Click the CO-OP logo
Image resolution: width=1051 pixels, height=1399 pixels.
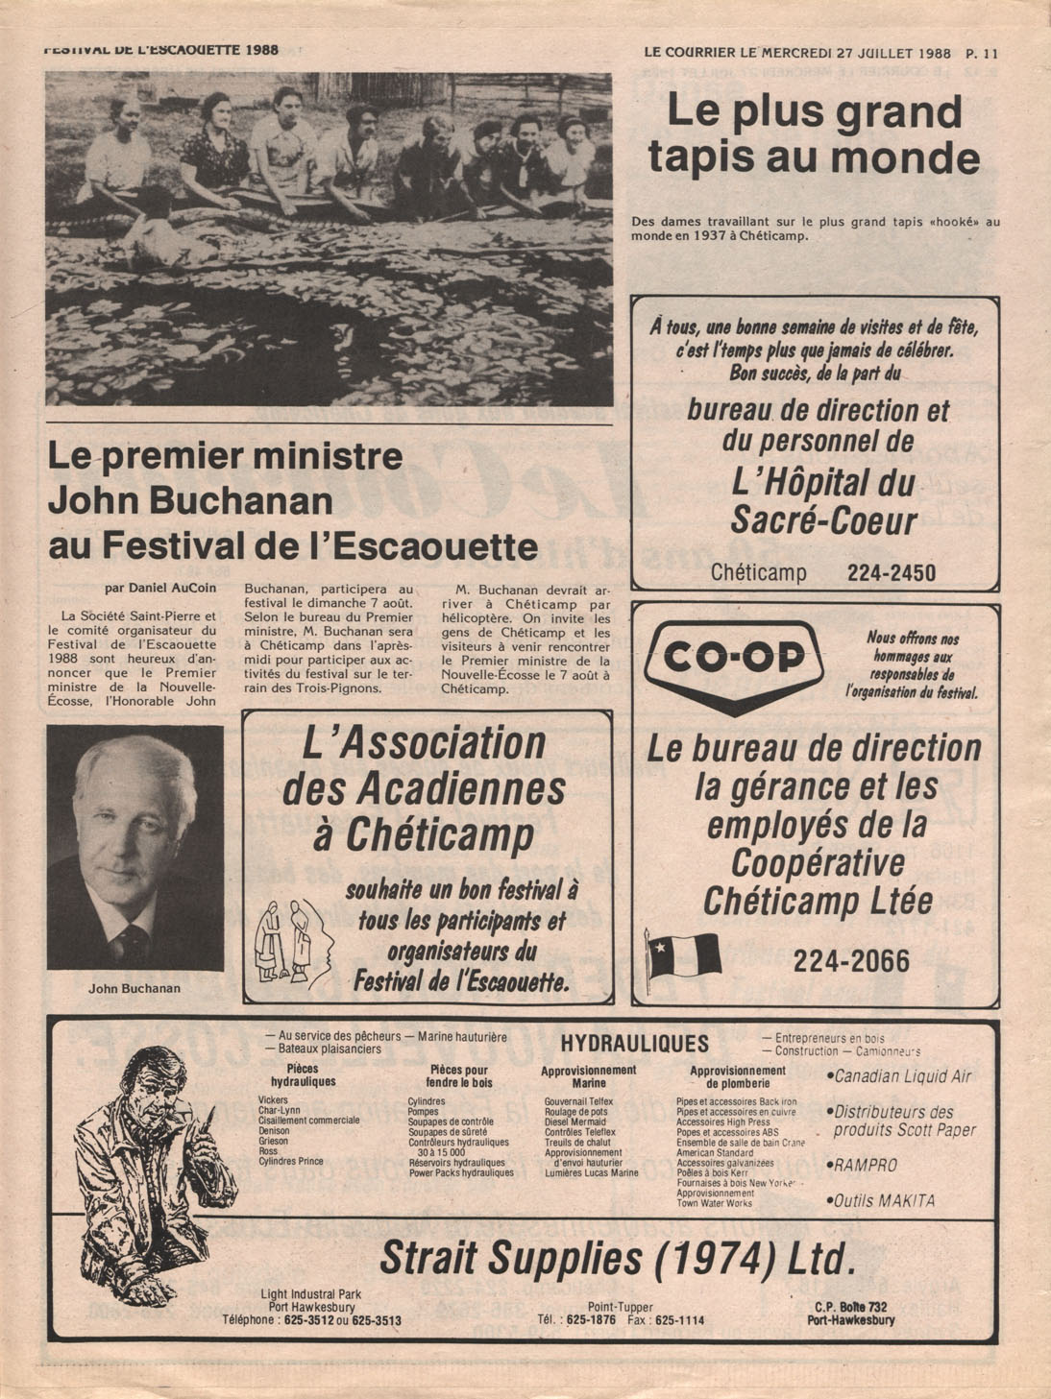coord(733,660)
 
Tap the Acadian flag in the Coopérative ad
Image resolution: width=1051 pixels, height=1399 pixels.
coord(684,954)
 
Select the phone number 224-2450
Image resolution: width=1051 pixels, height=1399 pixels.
coord(891,573)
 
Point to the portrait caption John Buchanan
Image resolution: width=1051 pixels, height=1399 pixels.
coord(134,987)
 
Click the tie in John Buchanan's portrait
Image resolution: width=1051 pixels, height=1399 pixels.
coord(132,942)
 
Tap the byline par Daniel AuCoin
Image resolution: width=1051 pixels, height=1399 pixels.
coord(159,588)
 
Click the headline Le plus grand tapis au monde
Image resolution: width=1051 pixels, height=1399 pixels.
coord(814,133)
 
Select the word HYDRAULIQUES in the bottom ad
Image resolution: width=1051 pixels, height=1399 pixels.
coord(634,1044)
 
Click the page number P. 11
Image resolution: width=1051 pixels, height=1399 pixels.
coord(982,54)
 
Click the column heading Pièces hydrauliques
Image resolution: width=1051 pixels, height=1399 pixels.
coord(310,1075)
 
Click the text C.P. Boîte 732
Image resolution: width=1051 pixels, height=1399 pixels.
coord(850,1307)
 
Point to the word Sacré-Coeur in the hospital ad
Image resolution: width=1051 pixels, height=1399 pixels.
coord(823,520)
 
